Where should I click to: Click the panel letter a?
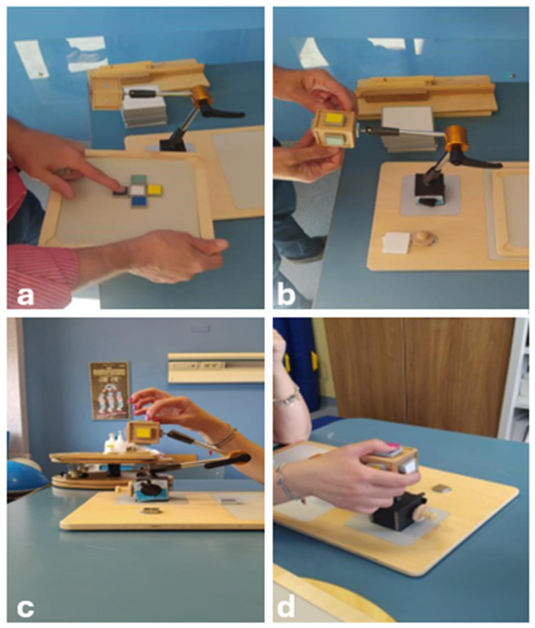click(x=25, y=296)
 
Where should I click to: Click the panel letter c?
click(x=25, y=607)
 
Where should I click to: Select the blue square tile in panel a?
click(x=140, y=202)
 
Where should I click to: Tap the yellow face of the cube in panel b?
click(x=333, y=119)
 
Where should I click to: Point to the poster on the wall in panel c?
click(x=109, y=391)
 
